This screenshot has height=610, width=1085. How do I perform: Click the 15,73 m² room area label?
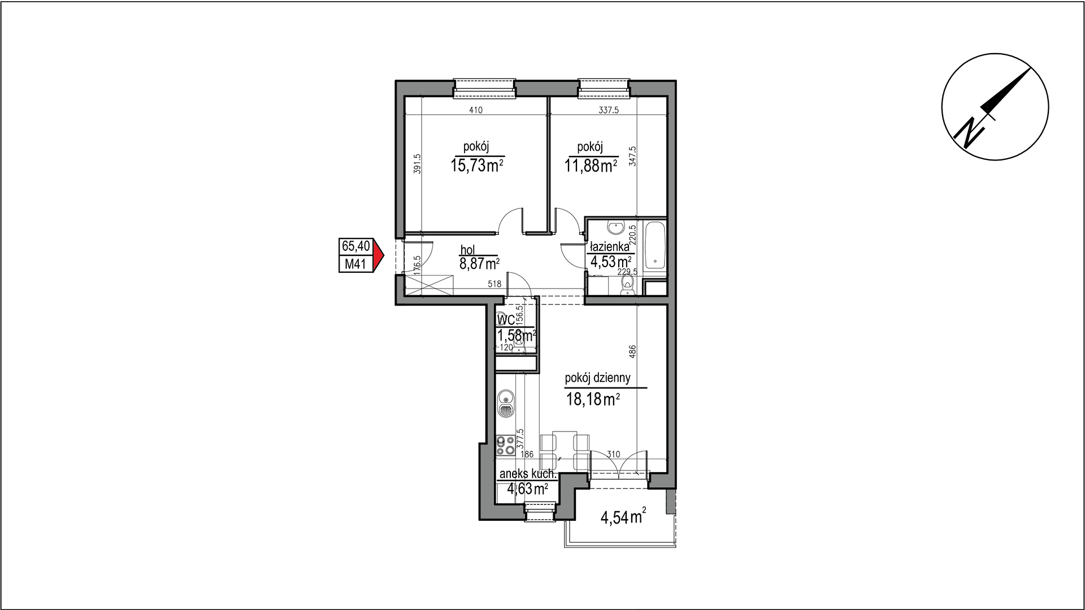[x=478, y=165]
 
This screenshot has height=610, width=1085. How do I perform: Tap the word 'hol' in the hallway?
[x=468, y=250]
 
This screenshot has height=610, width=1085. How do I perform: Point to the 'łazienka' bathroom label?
[x=609, y=247]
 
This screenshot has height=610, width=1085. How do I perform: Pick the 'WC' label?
[x=506, y=320]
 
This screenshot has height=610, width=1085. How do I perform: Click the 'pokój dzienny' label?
[x=598, y=378]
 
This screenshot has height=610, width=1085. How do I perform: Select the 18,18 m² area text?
[x=593, y=400]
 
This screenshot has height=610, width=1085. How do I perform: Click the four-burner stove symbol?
[x=504, y=446]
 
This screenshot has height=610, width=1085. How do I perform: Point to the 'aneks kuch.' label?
[x=528, y=474]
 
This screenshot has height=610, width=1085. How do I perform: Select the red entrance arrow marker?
[x=379, y=256]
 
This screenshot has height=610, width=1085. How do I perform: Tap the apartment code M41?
[x=355, y=264]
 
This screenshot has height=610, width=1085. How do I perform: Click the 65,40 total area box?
[x=355, y=246]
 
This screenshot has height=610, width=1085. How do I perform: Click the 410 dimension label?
[x=476, y=111]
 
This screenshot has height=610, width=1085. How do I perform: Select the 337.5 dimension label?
[x=609, y=111]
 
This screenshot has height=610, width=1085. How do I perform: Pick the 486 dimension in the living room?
[x=632, y=351]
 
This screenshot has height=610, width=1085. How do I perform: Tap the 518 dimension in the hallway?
[x=494, y=284]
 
